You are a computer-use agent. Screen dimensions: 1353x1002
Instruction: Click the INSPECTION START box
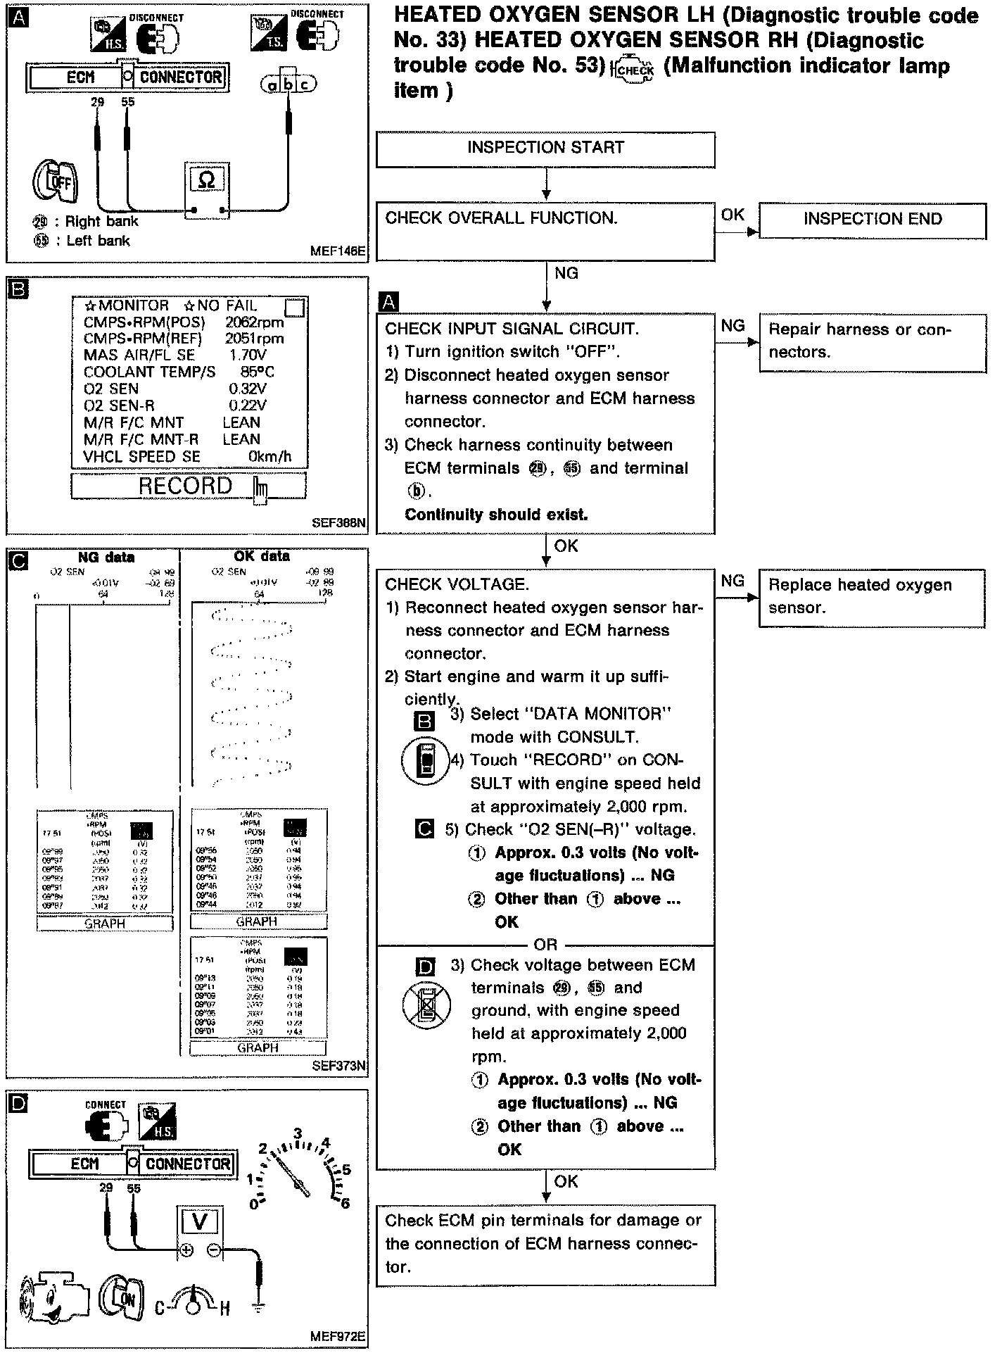(545, 149)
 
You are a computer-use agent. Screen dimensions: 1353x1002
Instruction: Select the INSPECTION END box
(873, 220)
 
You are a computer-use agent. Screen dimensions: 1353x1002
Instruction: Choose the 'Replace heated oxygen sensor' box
(873, 597)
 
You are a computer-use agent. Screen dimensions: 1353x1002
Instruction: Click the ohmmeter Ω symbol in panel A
(207, 180)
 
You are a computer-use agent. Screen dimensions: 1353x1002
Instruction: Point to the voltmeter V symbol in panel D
(200, 1221)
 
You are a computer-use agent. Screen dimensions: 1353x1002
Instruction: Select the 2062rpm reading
(255, 322)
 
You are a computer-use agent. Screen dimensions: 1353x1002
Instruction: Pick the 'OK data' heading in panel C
(261, 556)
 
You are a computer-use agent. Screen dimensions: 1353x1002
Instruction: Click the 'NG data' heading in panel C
(106, 558)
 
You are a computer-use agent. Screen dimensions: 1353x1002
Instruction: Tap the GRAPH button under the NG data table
(105, 924)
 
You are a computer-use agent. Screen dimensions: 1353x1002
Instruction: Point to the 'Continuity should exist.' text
(496, 515)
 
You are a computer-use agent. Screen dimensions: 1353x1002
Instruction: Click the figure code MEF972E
(338, 1336)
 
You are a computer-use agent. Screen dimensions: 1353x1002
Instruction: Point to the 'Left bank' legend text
(98, 241)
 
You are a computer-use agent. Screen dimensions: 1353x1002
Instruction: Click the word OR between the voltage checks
(545, 944)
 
